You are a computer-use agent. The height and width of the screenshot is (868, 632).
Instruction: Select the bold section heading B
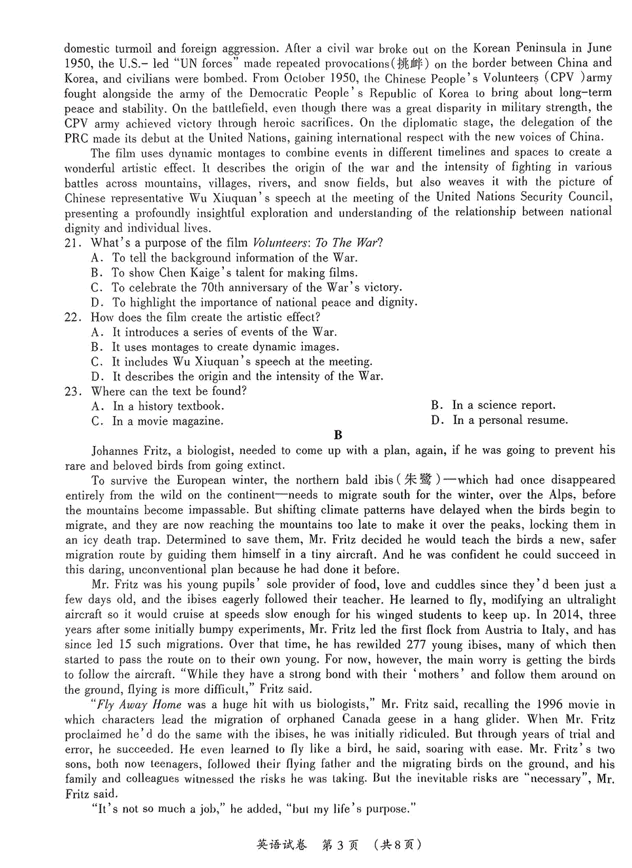pos(338,435)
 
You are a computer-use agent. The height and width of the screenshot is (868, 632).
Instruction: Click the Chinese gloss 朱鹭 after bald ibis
pos(419,480)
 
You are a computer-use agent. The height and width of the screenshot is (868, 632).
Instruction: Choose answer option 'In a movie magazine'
pos(167,421)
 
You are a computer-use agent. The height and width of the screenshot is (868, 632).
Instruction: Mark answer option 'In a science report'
pos(503,406)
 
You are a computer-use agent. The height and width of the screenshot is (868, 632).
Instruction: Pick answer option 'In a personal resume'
pos(510,420)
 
